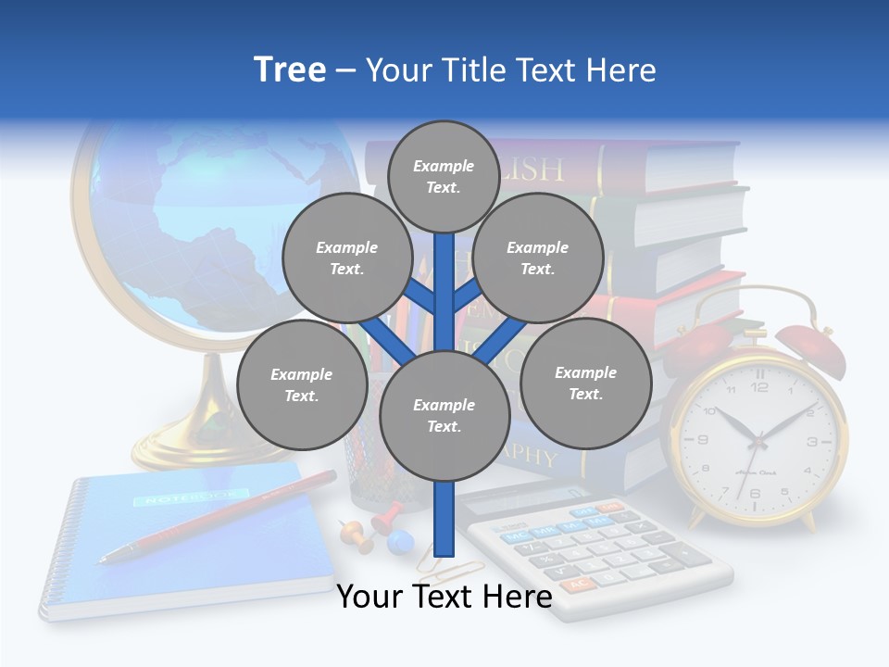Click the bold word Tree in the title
[x=290, y=70]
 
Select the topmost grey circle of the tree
[x=444, y=176]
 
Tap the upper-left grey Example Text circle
[x=347, y=258]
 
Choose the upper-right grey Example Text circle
[x=538, y=258]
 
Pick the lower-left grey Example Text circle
[x=302, y=384]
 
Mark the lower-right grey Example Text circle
[x=585, y=383]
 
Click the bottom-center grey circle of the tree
[x=444, y=415]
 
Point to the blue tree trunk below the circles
[x=444, y=519]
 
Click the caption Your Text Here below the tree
[x=444, y=597]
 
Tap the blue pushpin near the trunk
[x=398, y=540]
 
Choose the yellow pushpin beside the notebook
[x=353, y=533]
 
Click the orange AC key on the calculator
[x=578, y=585]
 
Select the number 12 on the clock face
[x=759, y=386]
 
